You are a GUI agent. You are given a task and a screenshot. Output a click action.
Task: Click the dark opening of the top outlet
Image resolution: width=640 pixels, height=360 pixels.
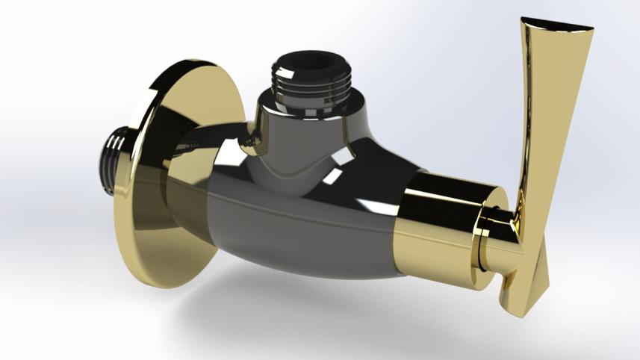312,60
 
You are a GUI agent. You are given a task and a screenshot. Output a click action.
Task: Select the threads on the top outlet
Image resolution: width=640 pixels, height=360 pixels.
311,86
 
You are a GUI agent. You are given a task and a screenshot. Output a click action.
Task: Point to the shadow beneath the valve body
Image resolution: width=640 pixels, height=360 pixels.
314,306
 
